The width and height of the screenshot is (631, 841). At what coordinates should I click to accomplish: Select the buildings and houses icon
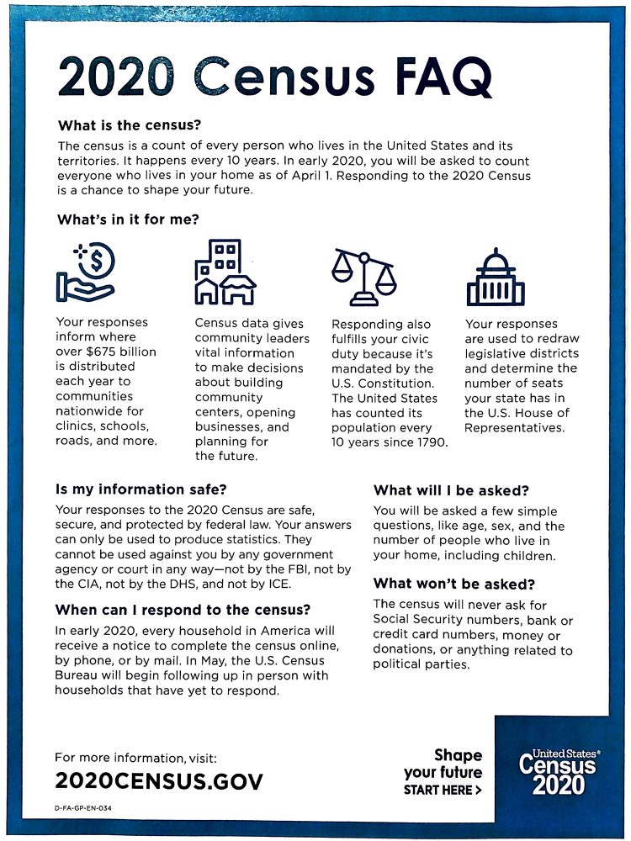225,272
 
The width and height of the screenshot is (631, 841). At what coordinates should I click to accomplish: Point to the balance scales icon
363,277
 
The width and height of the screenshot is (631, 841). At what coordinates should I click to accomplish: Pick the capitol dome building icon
495,277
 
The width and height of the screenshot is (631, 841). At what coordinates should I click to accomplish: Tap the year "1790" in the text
430,442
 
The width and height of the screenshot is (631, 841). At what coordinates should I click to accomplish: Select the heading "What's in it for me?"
133,220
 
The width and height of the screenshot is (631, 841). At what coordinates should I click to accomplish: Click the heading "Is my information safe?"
141,489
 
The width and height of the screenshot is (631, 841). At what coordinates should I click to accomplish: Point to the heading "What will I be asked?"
451,490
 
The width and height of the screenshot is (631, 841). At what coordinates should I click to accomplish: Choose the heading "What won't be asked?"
454,584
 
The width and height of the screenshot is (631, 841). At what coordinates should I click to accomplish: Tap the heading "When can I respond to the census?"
183,610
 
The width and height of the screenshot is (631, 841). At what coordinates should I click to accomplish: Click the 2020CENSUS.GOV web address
159,780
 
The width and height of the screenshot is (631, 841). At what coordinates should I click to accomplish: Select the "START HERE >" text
443,791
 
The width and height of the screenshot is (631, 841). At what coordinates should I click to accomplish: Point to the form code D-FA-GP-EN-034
83,808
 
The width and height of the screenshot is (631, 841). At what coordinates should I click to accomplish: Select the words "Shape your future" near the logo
443,764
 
